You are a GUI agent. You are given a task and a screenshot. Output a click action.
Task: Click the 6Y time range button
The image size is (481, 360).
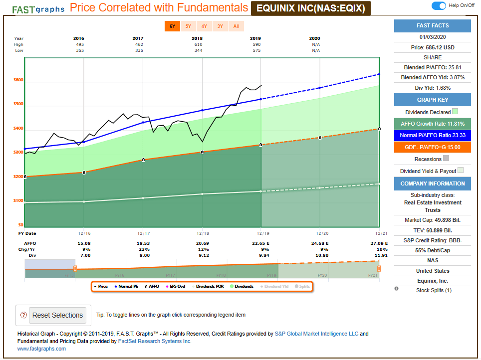(172, 26)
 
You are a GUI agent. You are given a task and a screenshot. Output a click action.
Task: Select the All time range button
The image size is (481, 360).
(236, 26)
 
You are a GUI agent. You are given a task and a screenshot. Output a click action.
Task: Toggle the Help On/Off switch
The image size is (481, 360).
(439, 5)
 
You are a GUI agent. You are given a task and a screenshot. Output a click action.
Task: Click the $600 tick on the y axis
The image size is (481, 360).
(18, 80)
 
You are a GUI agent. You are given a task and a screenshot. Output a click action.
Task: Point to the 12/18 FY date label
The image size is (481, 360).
(202, 233)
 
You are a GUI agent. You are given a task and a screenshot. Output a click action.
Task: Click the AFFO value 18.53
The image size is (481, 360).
(143, 243)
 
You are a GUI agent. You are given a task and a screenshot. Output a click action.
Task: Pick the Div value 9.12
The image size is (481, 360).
(202, 255)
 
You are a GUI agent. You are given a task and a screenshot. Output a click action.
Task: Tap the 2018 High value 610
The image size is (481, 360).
(202, 44)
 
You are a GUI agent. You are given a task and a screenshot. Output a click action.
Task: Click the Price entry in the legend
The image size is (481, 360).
(101, 286)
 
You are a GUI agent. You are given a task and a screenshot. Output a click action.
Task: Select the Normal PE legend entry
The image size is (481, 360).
(126, 286)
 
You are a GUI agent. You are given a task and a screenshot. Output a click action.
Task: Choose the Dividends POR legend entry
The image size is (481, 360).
(211, 286)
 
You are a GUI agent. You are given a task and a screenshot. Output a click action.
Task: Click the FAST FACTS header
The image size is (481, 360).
(433, 25)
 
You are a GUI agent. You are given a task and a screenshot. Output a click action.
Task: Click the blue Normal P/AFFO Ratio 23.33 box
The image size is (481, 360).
(433, 135)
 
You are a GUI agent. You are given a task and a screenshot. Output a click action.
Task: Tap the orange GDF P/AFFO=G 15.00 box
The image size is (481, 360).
(433, 147)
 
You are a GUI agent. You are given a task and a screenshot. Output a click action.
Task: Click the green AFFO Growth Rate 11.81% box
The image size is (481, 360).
(433, 124)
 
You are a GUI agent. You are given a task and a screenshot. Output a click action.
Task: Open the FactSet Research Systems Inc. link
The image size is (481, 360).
(155, 341)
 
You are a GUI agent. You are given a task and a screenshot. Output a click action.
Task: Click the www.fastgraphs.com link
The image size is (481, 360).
(41, 349)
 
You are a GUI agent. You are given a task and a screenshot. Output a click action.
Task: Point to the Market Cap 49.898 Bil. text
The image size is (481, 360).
(433, 220)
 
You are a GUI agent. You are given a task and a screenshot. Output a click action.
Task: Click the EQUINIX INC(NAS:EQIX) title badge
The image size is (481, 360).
(310, 8)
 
